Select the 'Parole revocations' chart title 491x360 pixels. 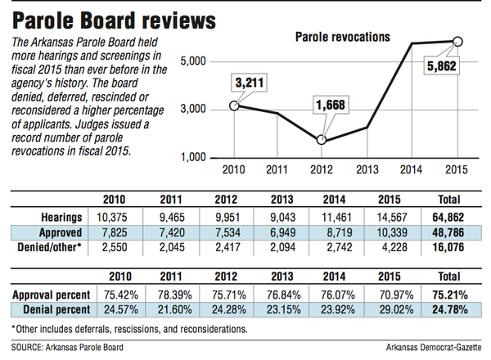click(341, 37)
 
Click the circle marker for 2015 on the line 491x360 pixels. click(457, 41)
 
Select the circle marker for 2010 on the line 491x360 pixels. click(236, 105)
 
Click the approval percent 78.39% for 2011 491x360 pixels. click(172, 292)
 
